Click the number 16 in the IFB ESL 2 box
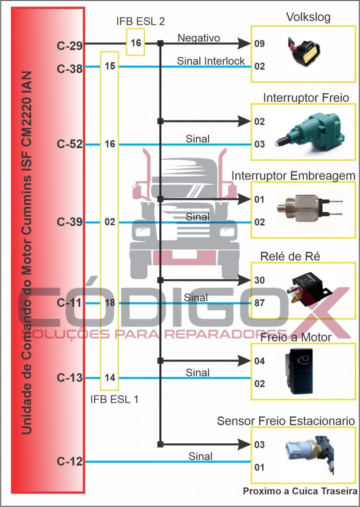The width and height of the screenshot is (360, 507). (136, 43)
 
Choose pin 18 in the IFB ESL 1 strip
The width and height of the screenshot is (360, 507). (110, 303)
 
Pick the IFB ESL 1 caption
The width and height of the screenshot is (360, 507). (114, 400)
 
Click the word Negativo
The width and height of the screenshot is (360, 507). (199, 37)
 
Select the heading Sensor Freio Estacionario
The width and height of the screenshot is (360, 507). (285, 421)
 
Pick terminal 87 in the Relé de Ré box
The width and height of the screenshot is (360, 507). (260, 303)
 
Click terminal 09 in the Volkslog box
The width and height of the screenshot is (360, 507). (260, 44)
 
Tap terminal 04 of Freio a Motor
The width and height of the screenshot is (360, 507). (260, 361)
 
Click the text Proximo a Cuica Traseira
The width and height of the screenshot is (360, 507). (300, 492)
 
